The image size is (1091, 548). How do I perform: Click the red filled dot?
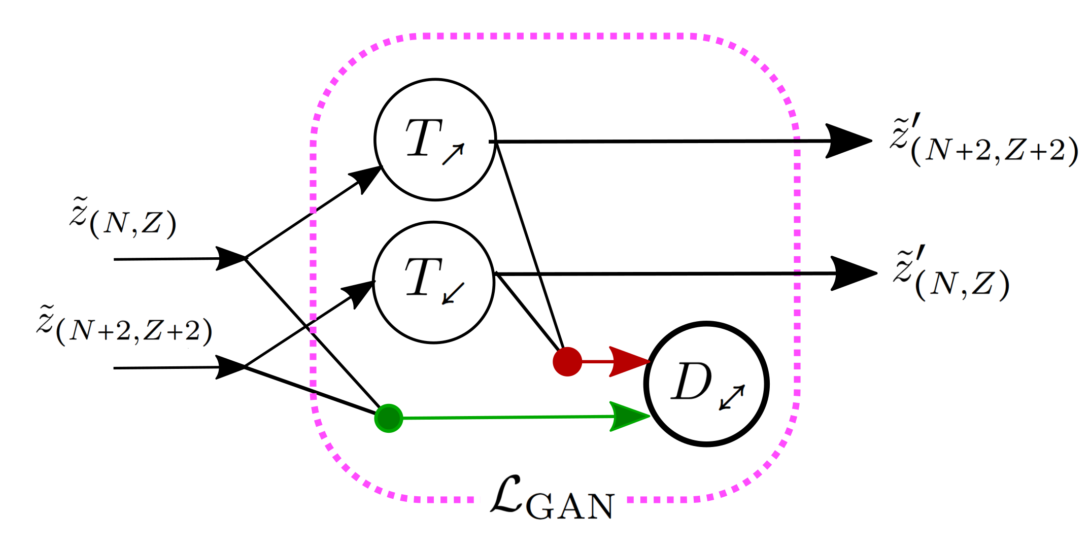(567, 362)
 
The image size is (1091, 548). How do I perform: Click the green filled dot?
(389, 418)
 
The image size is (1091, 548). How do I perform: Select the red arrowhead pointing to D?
(628, 362)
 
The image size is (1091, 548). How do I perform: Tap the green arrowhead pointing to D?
(628, 417)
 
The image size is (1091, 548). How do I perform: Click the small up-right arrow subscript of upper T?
(453, 154)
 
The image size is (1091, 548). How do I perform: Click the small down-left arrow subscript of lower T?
(453, 293)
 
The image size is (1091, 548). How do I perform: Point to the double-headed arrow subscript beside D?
(732, 397)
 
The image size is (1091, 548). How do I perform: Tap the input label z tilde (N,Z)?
(123, 218)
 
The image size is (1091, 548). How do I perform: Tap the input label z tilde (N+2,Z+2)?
(124, 326)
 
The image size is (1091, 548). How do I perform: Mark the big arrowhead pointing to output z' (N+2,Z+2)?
(846, 141)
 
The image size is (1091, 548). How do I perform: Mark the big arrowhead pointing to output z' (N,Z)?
(851, 273)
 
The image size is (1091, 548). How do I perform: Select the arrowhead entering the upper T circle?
(366, 178)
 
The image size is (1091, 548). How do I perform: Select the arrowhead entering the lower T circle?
(359, 293)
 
